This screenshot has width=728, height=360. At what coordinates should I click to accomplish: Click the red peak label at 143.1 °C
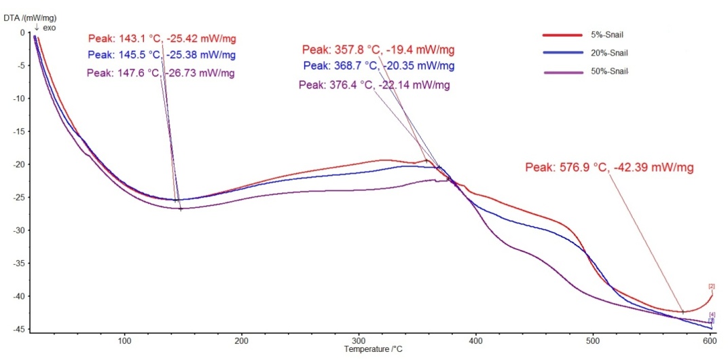tap(162, 38)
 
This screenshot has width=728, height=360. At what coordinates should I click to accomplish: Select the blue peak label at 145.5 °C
tap(162, 54)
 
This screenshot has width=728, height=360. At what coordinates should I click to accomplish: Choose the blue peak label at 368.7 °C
tap(379, 66)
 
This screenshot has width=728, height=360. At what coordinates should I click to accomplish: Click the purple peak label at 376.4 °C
tap(374, 85)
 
